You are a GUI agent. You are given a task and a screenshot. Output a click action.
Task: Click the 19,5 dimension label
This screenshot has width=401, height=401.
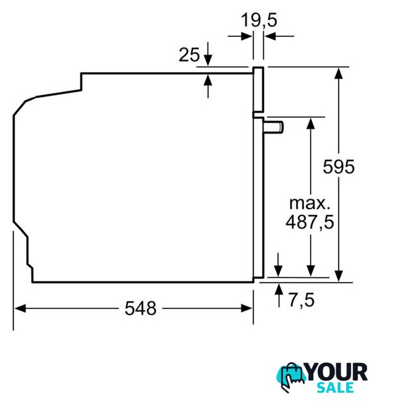(259, 21)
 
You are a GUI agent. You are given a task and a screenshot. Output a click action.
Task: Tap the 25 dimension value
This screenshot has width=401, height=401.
(189, 55)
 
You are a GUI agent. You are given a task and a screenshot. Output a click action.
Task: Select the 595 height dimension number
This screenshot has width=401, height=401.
(338, 167)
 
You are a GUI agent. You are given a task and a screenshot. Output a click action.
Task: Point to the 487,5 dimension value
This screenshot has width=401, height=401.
(309, 222)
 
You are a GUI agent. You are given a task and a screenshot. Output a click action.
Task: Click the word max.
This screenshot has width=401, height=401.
(309, 204)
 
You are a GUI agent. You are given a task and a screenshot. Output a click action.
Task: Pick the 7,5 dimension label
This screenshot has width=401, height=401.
(301, 299)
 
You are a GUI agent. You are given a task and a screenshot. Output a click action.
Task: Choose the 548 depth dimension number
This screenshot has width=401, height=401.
(141, 308)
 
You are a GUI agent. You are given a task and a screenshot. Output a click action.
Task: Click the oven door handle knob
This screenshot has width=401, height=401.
(274, 127)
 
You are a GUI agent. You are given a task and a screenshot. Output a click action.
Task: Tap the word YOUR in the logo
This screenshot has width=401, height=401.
(337, 372)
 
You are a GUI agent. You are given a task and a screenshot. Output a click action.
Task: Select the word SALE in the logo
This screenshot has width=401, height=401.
(336, 388)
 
